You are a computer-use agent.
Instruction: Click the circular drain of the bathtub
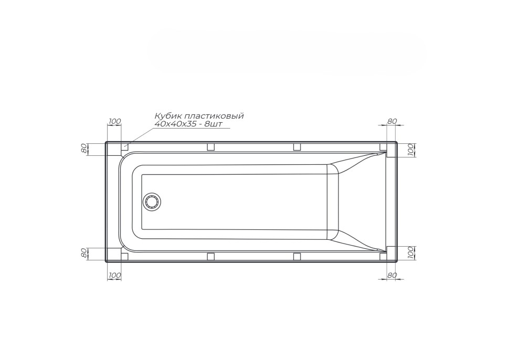153,202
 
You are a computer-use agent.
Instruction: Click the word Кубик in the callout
166,116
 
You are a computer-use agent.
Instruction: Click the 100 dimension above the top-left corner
114,121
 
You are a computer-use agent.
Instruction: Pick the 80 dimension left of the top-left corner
83,149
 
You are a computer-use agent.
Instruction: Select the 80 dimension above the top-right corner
392,121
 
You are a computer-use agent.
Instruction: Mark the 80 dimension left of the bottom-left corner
83,253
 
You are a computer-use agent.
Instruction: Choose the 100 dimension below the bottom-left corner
114,275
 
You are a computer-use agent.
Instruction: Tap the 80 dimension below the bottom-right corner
392,275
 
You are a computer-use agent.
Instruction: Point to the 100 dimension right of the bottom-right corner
411,252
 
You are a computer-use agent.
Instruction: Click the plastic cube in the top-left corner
125,147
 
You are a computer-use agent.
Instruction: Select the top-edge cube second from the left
210,147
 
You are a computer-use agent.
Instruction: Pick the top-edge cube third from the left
296,147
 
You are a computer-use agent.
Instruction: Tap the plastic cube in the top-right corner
384,147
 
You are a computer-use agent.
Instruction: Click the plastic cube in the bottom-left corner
125,256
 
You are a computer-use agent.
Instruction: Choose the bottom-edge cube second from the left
210,256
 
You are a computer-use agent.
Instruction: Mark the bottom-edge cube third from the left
296,256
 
